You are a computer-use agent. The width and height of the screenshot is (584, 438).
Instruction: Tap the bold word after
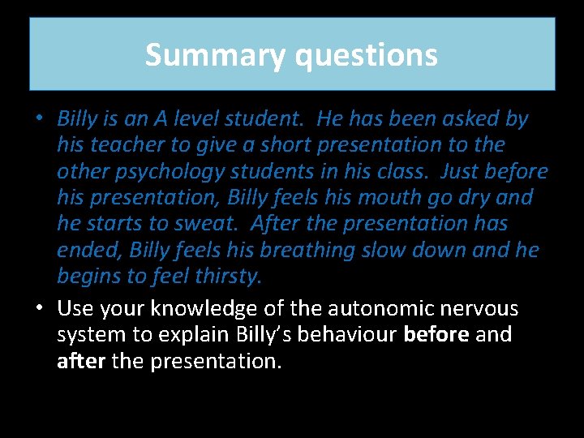[x=81, y=361]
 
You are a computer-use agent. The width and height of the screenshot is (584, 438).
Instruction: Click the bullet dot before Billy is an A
[x=38, y=119]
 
